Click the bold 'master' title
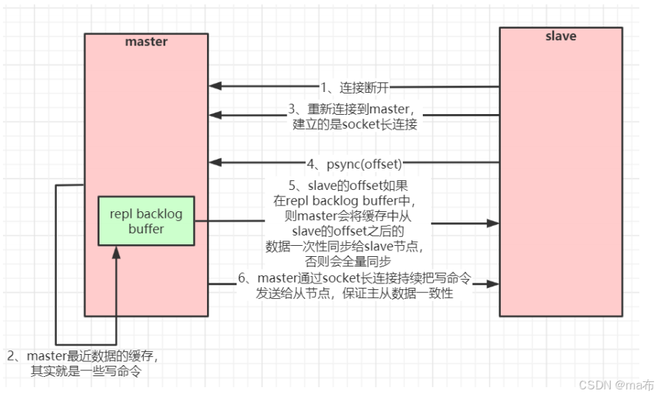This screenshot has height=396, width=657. [146, 41]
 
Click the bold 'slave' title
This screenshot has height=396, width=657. [561, 36]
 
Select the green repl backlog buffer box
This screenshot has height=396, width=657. [146, 221]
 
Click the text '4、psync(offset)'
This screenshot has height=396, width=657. [354, 162]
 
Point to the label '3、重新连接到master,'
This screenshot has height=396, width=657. [353, 109]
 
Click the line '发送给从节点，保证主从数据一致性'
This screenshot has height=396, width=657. [355, 294]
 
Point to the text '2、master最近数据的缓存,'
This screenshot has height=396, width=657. [82, 356]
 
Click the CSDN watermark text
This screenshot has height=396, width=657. [616, 384]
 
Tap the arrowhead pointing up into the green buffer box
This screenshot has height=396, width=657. [116, 252]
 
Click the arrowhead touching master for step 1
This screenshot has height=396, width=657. [214, 87]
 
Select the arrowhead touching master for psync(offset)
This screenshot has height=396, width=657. [214, 162]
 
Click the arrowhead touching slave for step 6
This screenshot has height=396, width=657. [493, 283]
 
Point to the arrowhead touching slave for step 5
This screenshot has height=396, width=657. [493, 222]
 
